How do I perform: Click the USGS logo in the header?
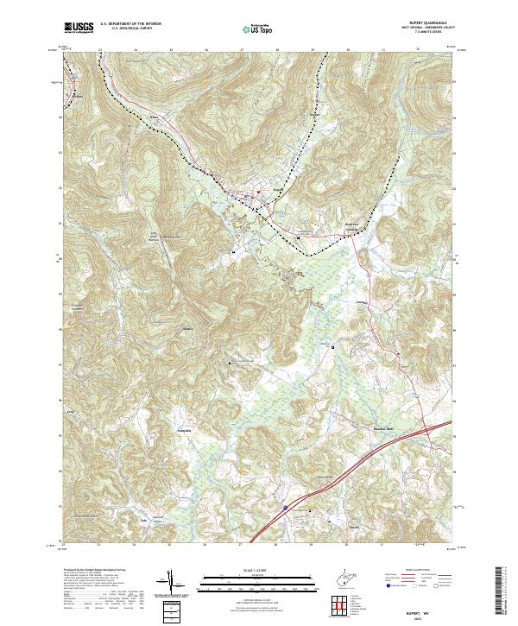coord(79,28)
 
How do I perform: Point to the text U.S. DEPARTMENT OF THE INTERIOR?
coord(130,24)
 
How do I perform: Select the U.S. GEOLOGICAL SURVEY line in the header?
coord(125,28)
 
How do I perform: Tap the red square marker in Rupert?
coord(257,192)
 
